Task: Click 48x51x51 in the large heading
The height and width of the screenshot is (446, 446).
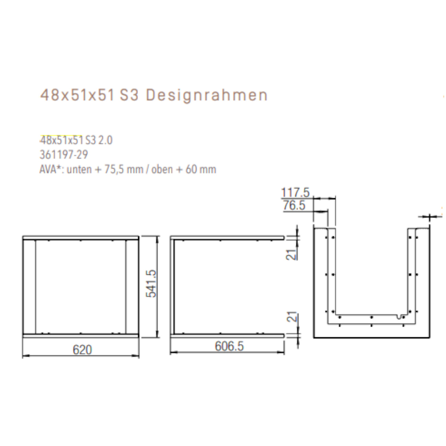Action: (77, 95)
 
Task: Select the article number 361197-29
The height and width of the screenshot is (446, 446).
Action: (63, 155)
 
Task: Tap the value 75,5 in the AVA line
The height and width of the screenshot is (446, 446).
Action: (114, 169)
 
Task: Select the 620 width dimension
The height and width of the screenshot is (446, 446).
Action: (82, 350)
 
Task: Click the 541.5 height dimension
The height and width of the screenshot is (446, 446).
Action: (151, 283)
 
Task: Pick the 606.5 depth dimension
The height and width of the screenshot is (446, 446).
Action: (229, 346)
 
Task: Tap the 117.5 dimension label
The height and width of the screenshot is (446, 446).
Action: (295, 192)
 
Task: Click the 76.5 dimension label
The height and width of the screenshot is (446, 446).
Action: (294, 205)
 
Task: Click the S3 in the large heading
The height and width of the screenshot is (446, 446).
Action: (129, 95)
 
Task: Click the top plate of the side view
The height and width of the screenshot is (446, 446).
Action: (227, 237)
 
